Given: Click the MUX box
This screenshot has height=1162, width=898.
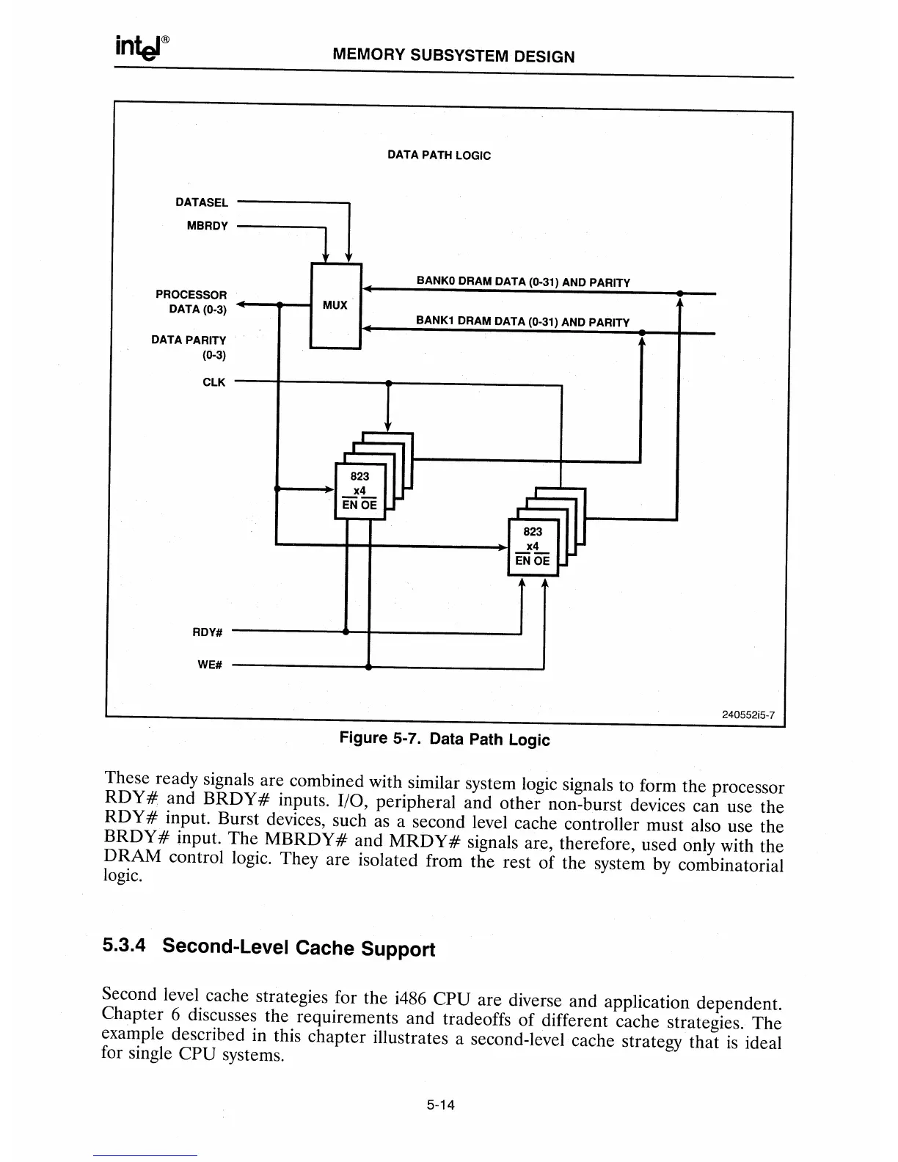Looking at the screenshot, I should (336, 305).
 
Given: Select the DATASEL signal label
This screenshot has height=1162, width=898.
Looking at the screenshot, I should (202, 202).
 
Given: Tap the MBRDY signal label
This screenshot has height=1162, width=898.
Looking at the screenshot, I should (208, 226).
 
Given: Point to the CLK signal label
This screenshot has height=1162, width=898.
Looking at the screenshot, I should (214, 382).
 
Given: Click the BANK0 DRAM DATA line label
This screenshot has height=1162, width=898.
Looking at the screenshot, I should (523, 282).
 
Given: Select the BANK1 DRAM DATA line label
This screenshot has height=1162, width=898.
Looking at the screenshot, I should (522, 321).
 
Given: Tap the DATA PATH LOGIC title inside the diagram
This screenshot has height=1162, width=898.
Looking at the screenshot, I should (439, 156).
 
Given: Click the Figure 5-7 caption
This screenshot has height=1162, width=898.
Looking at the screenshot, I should (444, 738).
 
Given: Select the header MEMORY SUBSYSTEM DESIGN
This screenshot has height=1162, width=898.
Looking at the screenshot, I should (453, 56).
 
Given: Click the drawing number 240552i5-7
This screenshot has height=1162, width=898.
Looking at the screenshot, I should (748, 715).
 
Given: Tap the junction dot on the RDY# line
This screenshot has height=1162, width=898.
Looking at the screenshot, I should (346, 632).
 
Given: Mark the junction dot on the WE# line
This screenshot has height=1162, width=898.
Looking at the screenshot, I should (368, 667).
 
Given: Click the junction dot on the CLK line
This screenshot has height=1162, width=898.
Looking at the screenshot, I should (388, 383).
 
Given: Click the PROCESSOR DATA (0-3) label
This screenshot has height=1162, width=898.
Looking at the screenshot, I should (191, 302).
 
